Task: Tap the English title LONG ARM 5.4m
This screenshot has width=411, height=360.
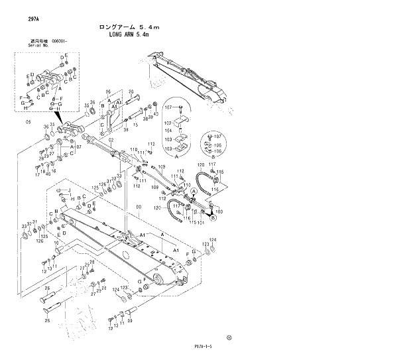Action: pos(134,36)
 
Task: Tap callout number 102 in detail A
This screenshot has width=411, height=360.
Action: pos(168,123)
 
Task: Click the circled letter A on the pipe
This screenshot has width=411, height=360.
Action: pos(194,190)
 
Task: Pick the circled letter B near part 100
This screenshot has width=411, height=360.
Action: pos(213,216)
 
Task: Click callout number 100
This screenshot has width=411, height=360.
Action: pos(219,211)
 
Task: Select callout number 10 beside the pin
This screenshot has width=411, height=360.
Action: pos(56,244)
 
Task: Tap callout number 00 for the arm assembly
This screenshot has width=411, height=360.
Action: pos(139,208)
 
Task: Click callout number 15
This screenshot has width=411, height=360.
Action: pos(135,123)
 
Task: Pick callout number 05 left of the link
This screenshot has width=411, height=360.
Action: pos(28,122)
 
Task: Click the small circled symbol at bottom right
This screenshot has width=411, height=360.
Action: pos(229,337)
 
